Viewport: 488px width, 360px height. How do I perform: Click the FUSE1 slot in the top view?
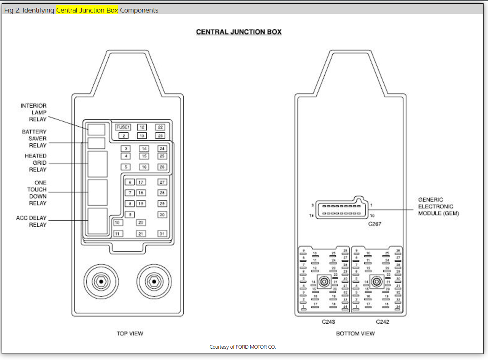[123, 127]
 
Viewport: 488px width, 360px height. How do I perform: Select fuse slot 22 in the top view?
[161, 127]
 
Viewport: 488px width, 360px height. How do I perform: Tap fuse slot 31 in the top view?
[162, 234]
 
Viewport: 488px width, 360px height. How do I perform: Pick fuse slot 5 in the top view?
[126, 167]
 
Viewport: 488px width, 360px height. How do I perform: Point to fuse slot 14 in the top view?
[144, 149]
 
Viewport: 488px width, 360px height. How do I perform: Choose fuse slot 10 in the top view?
[118, 223]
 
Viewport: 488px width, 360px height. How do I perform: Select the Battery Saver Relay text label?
[34, 138]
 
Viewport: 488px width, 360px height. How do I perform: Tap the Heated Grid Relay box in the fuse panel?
[97, 164]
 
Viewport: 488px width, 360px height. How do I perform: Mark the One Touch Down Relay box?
[97, 193]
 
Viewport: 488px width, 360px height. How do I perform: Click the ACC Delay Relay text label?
[32, 221]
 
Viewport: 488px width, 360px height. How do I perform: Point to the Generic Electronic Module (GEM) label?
[438, 206]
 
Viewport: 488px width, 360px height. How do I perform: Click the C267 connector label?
[374, 224]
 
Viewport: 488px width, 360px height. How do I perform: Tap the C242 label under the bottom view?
[382, 322]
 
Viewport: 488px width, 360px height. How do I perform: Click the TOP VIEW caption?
[130, 334]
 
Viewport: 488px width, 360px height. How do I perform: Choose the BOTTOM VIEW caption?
[355, 334]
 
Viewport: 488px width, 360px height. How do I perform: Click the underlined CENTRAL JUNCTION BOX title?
[239, 32]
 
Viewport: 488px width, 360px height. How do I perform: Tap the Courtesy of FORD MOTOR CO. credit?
[243, 347]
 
